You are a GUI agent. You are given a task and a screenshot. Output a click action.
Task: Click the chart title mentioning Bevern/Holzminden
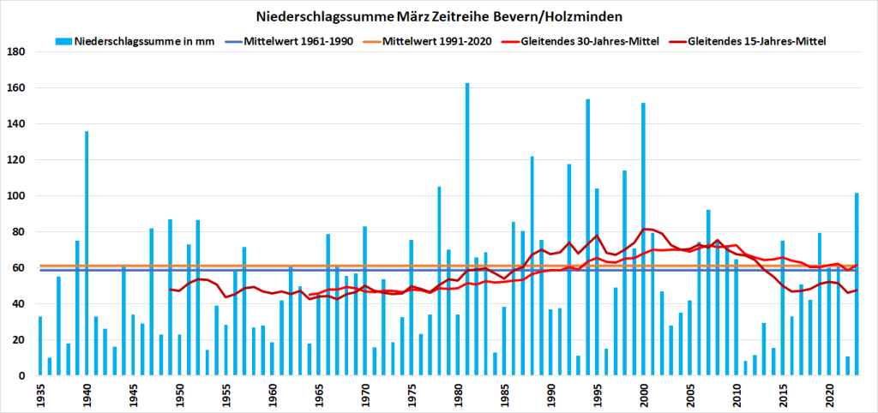click(x=439, y=16)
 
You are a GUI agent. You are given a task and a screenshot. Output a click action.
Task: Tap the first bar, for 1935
click(x=40, y=346)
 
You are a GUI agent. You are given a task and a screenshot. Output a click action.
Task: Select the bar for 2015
click(x=783, y=308)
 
